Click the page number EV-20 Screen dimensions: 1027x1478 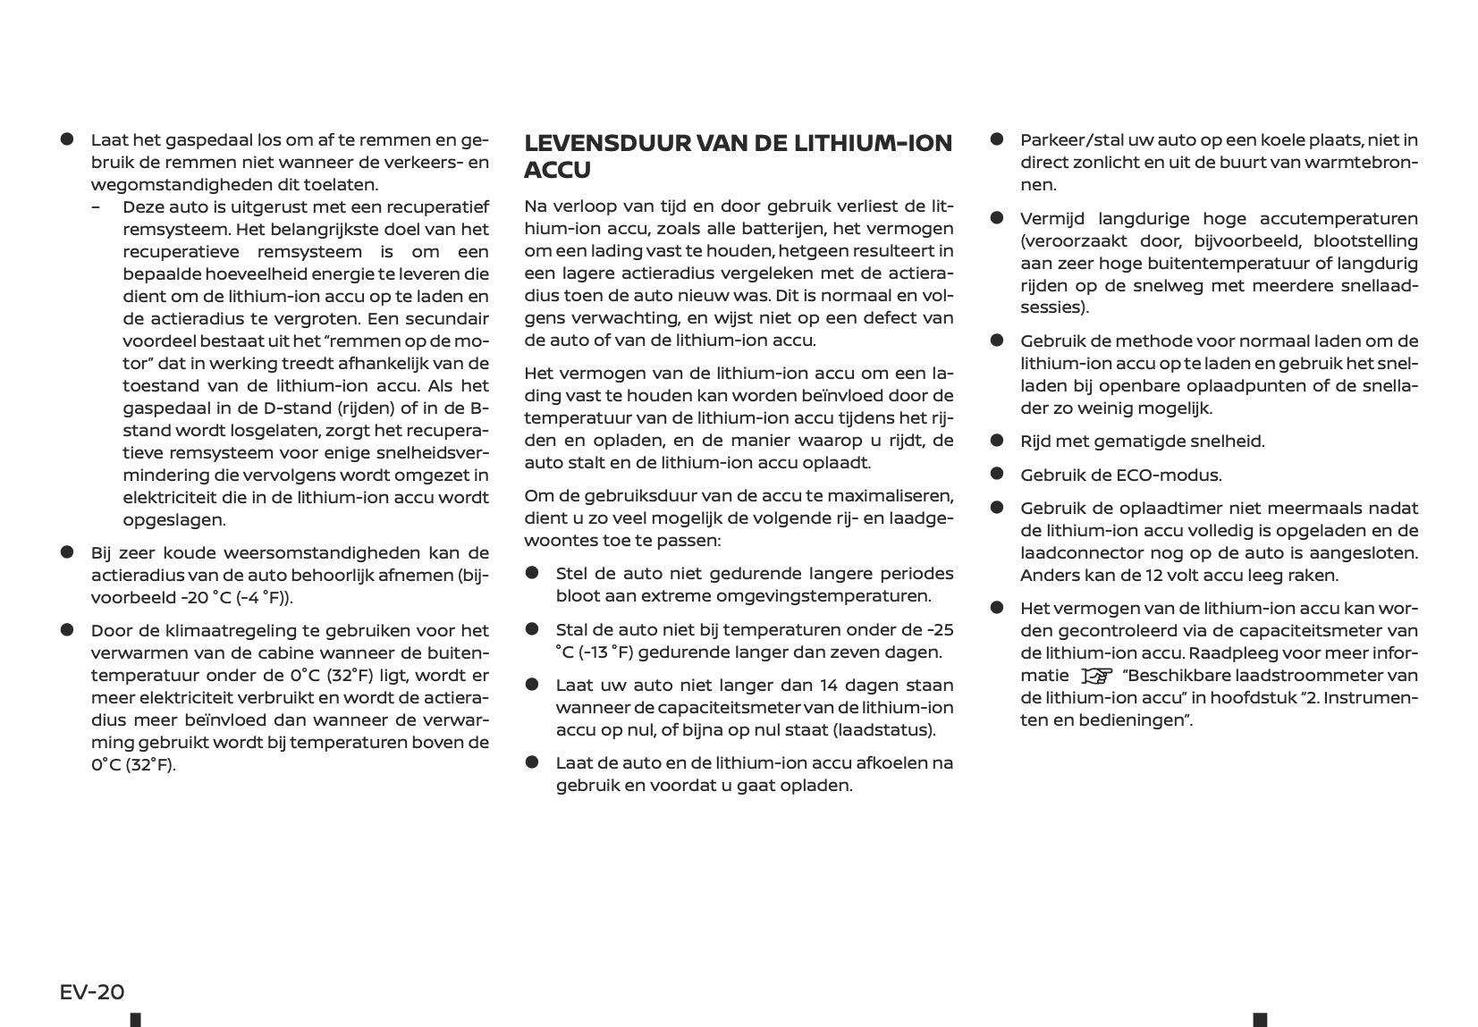(x=92, y=991)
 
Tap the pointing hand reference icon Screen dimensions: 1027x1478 (x=1095, y=676)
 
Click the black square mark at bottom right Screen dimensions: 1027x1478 (x=1260, y=1019)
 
